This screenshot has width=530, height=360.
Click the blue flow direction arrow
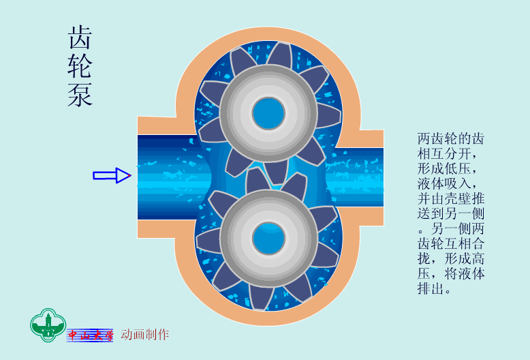[x=112, y=175]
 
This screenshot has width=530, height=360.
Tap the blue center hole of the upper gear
[x=268, y=113]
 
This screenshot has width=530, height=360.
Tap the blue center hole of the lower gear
[x=268, y=239]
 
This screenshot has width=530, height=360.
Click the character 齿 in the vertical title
[x=80, y=37]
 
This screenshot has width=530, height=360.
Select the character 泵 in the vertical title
[x=80, y=95]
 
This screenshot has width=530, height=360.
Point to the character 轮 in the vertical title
[x=80, y=66]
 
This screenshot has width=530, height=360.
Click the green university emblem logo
[x=48, y=325]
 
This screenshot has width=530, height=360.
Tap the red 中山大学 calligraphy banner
[x=90, y=335]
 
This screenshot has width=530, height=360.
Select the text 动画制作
[x=144, y=334]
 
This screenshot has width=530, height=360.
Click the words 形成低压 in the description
[x=444, y=168]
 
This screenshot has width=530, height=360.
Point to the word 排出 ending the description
[x=431, y=288]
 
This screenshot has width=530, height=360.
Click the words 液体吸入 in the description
[x=444, y=183]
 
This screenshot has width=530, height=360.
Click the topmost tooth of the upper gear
[x=280, y=54]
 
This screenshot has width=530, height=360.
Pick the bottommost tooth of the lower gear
[x=262, y=297]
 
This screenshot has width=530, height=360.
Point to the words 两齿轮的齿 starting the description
[x=451, y=138]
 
